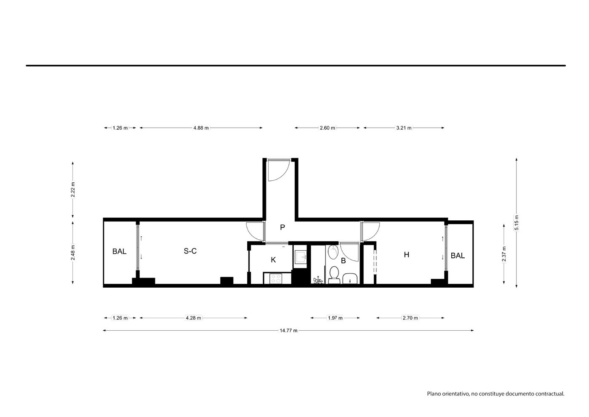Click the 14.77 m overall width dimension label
[x=288, y=331]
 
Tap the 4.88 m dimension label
[x=201, y=128]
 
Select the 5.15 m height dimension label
[x=517, y=222]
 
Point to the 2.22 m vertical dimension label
[x=73, y=190]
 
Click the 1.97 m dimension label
[x=335, y=318]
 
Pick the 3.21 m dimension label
[x=404, y=128]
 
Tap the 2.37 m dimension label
[x=504, y=254]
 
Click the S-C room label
[x=190, y=251]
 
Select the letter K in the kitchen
[x=273, y=260]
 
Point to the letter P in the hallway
[x=283, y=227]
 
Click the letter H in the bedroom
[x=407, y=254]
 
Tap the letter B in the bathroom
[x=343, y=261]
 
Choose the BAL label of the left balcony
[x=120, y=251]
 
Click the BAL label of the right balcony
[x=458, y=255]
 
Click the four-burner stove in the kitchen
[x=276, y=278]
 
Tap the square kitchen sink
[x=300, y=257]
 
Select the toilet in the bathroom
[x=334, y=275]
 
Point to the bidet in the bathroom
[x=333, y=252]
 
